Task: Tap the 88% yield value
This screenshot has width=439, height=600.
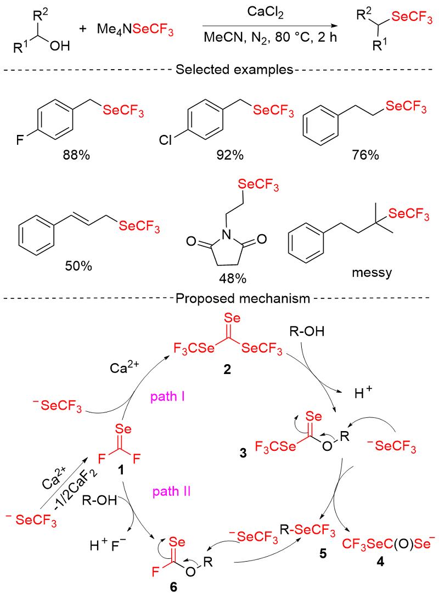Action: (76, 155)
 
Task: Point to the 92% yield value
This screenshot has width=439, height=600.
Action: (230, 155)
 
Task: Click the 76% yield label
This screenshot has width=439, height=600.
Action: (365, 155)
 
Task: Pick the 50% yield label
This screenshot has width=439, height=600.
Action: (78, 265)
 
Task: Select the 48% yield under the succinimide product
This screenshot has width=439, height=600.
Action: (233, 278)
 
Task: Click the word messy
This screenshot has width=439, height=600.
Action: (372, 273)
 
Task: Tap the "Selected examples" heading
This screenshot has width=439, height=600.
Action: (235, 70)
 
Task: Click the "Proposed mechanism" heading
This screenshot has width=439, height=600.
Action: (243, 298)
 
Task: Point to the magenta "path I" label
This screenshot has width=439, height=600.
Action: (167, 397)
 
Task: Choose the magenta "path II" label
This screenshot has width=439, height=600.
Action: (171, 491)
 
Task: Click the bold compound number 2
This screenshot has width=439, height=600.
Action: (227, 370)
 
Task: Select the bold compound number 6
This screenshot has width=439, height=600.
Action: (174, 587)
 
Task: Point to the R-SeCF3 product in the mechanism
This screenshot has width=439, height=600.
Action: (308, 532)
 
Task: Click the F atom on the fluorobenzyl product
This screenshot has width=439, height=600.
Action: (20, 140)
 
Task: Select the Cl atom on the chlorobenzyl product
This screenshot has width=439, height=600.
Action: (165, 140)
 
